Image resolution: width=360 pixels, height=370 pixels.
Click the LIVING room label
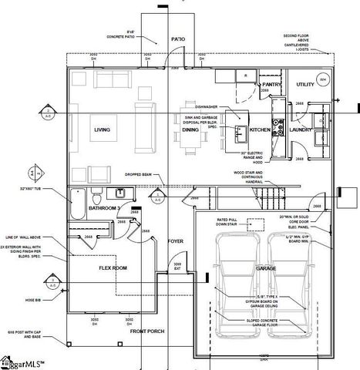[102, 129]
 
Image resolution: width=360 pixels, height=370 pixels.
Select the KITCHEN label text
[260, 129]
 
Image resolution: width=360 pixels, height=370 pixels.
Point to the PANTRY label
[271, 84]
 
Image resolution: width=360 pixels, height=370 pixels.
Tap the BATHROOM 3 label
[102, 208]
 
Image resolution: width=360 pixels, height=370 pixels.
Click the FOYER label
[177, 241]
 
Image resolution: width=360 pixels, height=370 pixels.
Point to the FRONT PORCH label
[147, 331]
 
